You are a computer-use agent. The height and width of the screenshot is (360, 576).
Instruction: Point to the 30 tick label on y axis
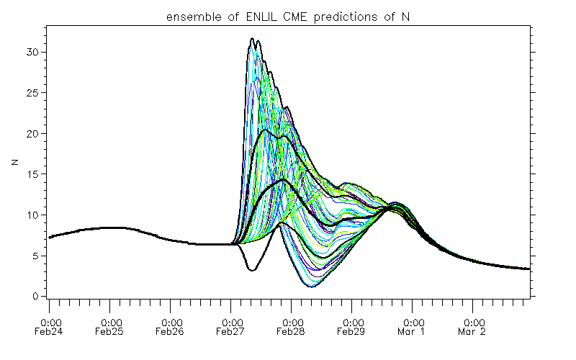(x=32, y=53)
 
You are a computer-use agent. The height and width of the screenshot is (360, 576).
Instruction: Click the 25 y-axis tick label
(x=32, y=93)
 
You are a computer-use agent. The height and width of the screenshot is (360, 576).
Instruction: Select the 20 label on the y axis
(x=32, y=134)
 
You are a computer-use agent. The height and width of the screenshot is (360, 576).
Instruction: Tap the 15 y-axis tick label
(x=32, y=174)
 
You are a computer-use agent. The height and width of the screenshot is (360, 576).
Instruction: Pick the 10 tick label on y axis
(x=32, y=215)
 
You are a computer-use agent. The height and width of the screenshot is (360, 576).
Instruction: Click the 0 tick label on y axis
(x=35, y=297)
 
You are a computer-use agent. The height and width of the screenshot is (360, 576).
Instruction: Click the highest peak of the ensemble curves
(x=252, y=39)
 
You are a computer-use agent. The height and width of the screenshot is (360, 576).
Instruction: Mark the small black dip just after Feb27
(x=251, y=270)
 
